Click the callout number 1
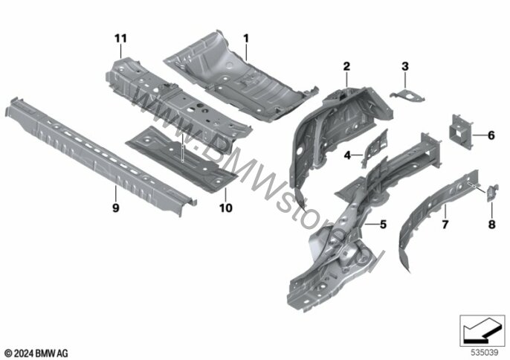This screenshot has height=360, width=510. [x=245, y=37]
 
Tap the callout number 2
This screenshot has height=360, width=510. [x=346, y=67]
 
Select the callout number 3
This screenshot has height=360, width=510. [x=405, y=67]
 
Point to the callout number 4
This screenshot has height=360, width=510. [x=347, y=156]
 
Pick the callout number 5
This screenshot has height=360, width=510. [x=384, y=224]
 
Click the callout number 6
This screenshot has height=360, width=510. [x=491, y=135]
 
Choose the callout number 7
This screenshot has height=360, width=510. [x=445, y=222]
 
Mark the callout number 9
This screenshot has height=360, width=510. [x=115, y=209]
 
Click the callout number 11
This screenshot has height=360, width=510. [x=121, y=38]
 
